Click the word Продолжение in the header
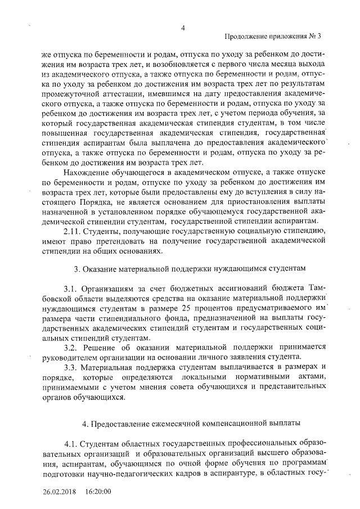(x=247, y=37)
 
